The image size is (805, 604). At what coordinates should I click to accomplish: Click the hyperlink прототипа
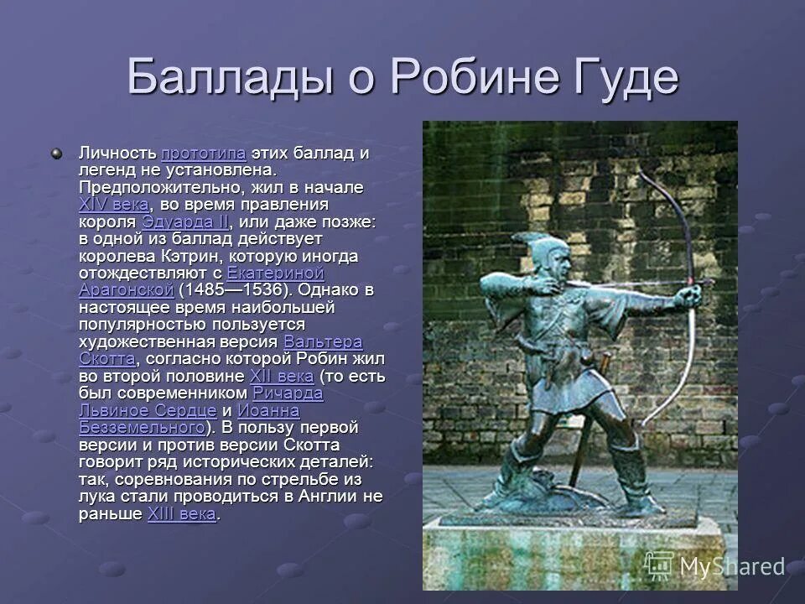[203, 154]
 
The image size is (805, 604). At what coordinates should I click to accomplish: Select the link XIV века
[114, 205]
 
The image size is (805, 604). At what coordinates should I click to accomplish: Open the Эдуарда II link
[184, 222]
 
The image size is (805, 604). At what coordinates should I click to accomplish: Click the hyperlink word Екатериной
[275, 273]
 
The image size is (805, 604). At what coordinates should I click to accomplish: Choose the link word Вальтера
[323, 342]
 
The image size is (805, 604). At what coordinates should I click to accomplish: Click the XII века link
[282, 377]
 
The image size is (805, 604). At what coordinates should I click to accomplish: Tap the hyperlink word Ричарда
[288, 393]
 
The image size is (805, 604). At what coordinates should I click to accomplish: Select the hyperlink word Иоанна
[268, 411]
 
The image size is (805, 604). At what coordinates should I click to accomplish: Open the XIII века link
[182, 513]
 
